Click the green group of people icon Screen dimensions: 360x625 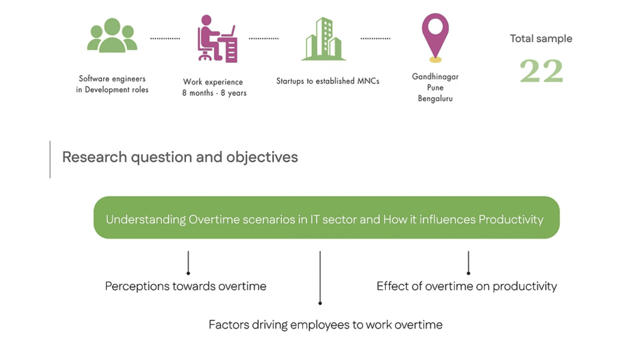(x=112, y=37)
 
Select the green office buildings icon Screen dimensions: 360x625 (x=323, y=40)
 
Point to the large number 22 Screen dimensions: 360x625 (x=541, y=71)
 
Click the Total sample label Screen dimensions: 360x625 (x=541, y=38)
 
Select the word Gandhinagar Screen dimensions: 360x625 (x=435, y=77)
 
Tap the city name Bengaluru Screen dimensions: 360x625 (x=435, y=98)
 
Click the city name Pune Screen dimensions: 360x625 (x=435, y=88)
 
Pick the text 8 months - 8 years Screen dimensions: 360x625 (x=214, y=93)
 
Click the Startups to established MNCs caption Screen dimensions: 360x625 (x=328, y=81)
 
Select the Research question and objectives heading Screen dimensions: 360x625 (x=180, y=157)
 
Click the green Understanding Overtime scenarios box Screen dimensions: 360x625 (x=326, y=218)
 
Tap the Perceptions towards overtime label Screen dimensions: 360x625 (x=186, y=286)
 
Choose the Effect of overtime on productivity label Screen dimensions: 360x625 (x=466, y=286)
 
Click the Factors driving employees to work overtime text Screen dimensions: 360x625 (x=325, y=325)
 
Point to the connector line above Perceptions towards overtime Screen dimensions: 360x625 (x=188, y=262)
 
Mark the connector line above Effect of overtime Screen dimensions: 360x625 (x=468, y=262)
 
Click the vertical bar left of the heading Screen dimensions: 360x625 (x=50, y=159)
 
